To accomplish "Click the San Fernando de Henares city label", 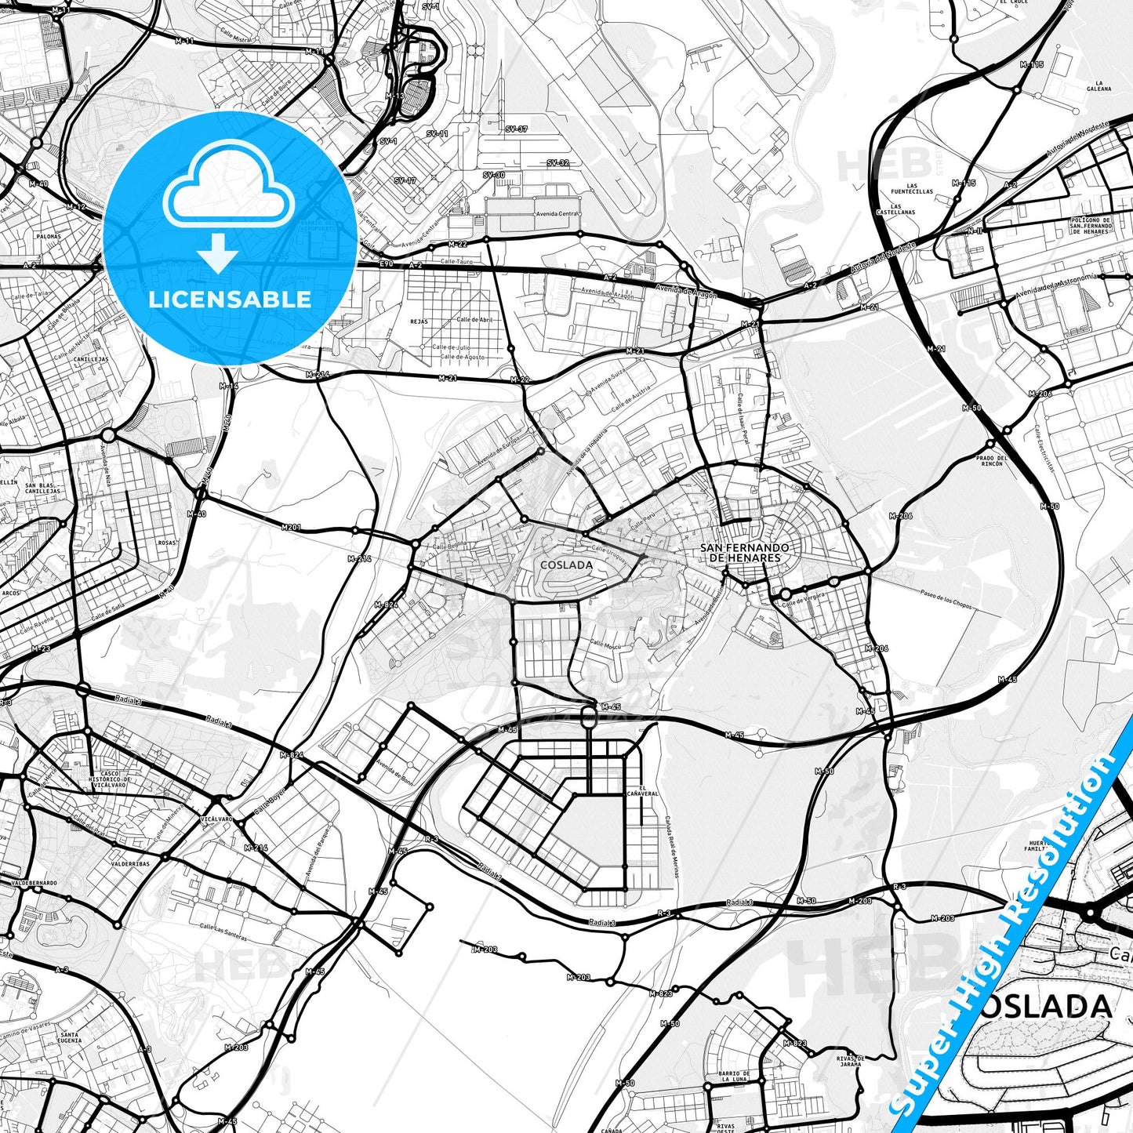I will [x=744, y=553].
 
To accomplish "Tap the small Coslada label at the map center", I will [x=566, y=565].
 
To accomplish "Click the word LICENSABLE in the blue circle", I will [x=230, y=299].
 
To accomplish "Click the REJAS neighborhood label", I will [x=419, y=321].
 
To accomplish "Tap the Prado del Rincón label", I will [x=991, y=460].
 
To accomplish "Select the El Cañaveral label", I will [x=647, y=790].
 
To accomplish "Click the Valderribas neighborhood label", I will [x=130, y=864].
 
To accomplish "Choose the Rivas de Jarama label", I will [x=849, y=1061].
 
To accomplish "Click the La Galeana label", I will [x=1104, y=85].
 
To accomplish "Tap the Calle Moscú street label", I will [x=605, y=645].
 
